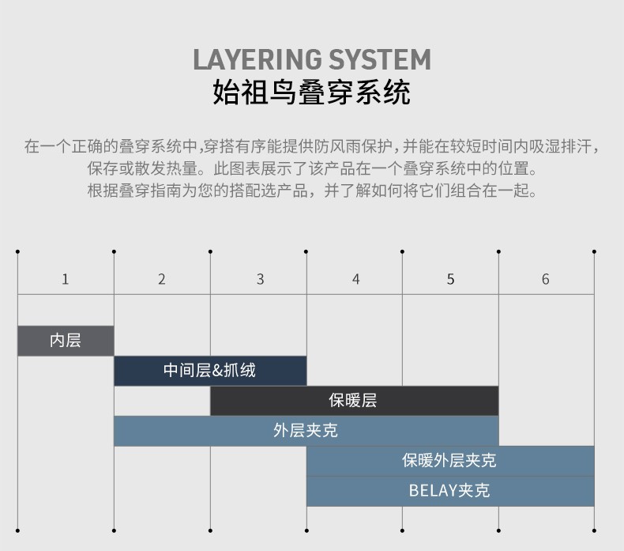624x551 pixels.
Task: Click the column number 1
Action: click(66, 279)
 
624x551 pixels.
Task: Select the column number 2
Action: click(162, 279)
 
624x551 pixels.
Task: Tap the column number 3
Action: click(261, 279)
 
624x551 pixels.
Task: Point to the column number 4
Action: click(355, 279)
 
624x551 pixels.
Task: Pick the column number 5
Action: click(450, 279)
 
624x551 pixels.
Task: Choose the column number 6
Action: click(546, 279)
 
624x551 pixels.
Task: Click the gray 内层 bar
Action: click(66, 341)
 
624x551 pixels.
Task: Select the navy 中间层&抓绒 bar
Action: click(210, 371)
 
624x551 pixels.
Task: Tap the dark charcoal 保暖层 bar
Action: click(354, 401)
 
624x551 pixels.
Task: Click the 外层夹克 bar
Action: click(306, 431)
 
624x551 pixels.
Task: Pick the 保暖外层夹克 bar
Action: click(450, 461)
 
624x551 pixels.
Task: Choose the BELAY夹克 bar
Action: click(450, 491)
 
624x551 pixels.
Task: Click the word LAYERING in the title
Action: click(257, 60)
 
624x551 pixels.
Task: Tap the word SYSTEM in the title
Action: click(380, 60)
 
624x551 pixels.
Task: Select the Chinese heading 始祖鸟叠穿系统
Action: click(311, 92)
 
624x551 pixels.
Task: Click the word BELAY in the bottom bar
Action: click(433, 491)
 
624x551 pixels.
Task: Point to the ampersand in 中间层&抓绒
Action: click(217, 371)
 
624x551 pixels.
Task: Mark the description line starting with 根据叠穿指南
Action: click(311, 191)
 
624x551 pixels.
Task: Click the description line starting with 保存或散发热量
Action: click(311, 168)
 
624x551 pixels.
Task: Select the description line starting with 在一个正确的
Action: click(311, 146)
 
